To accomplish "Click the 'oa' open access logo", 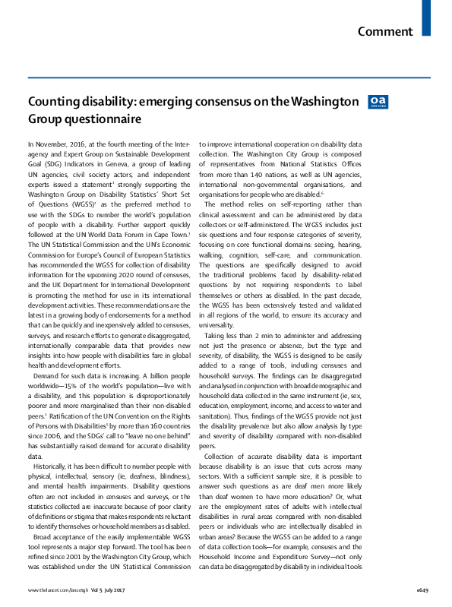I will click(376, 102).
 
